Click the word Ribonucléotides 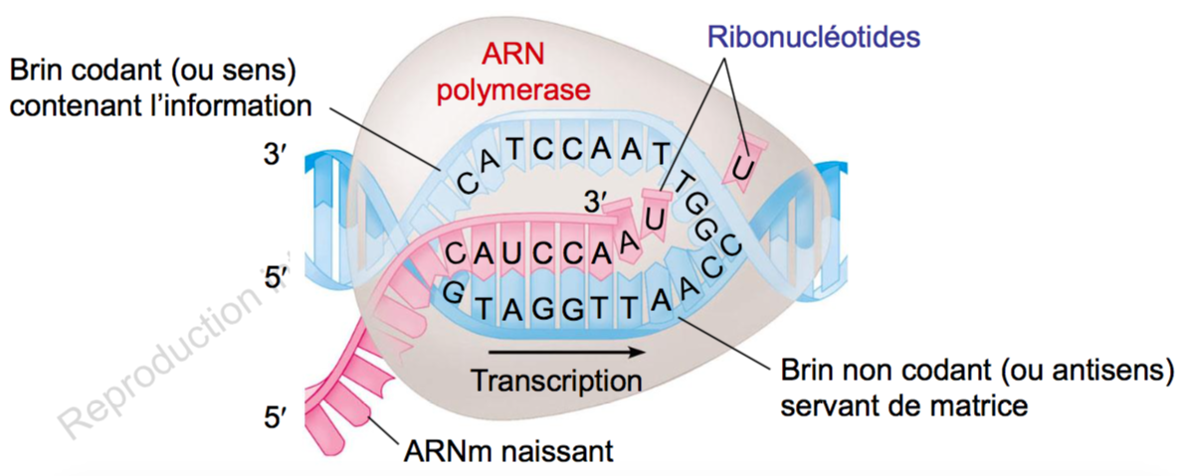tap(813, 37)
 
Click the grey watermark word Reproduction tap(159, 363)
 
